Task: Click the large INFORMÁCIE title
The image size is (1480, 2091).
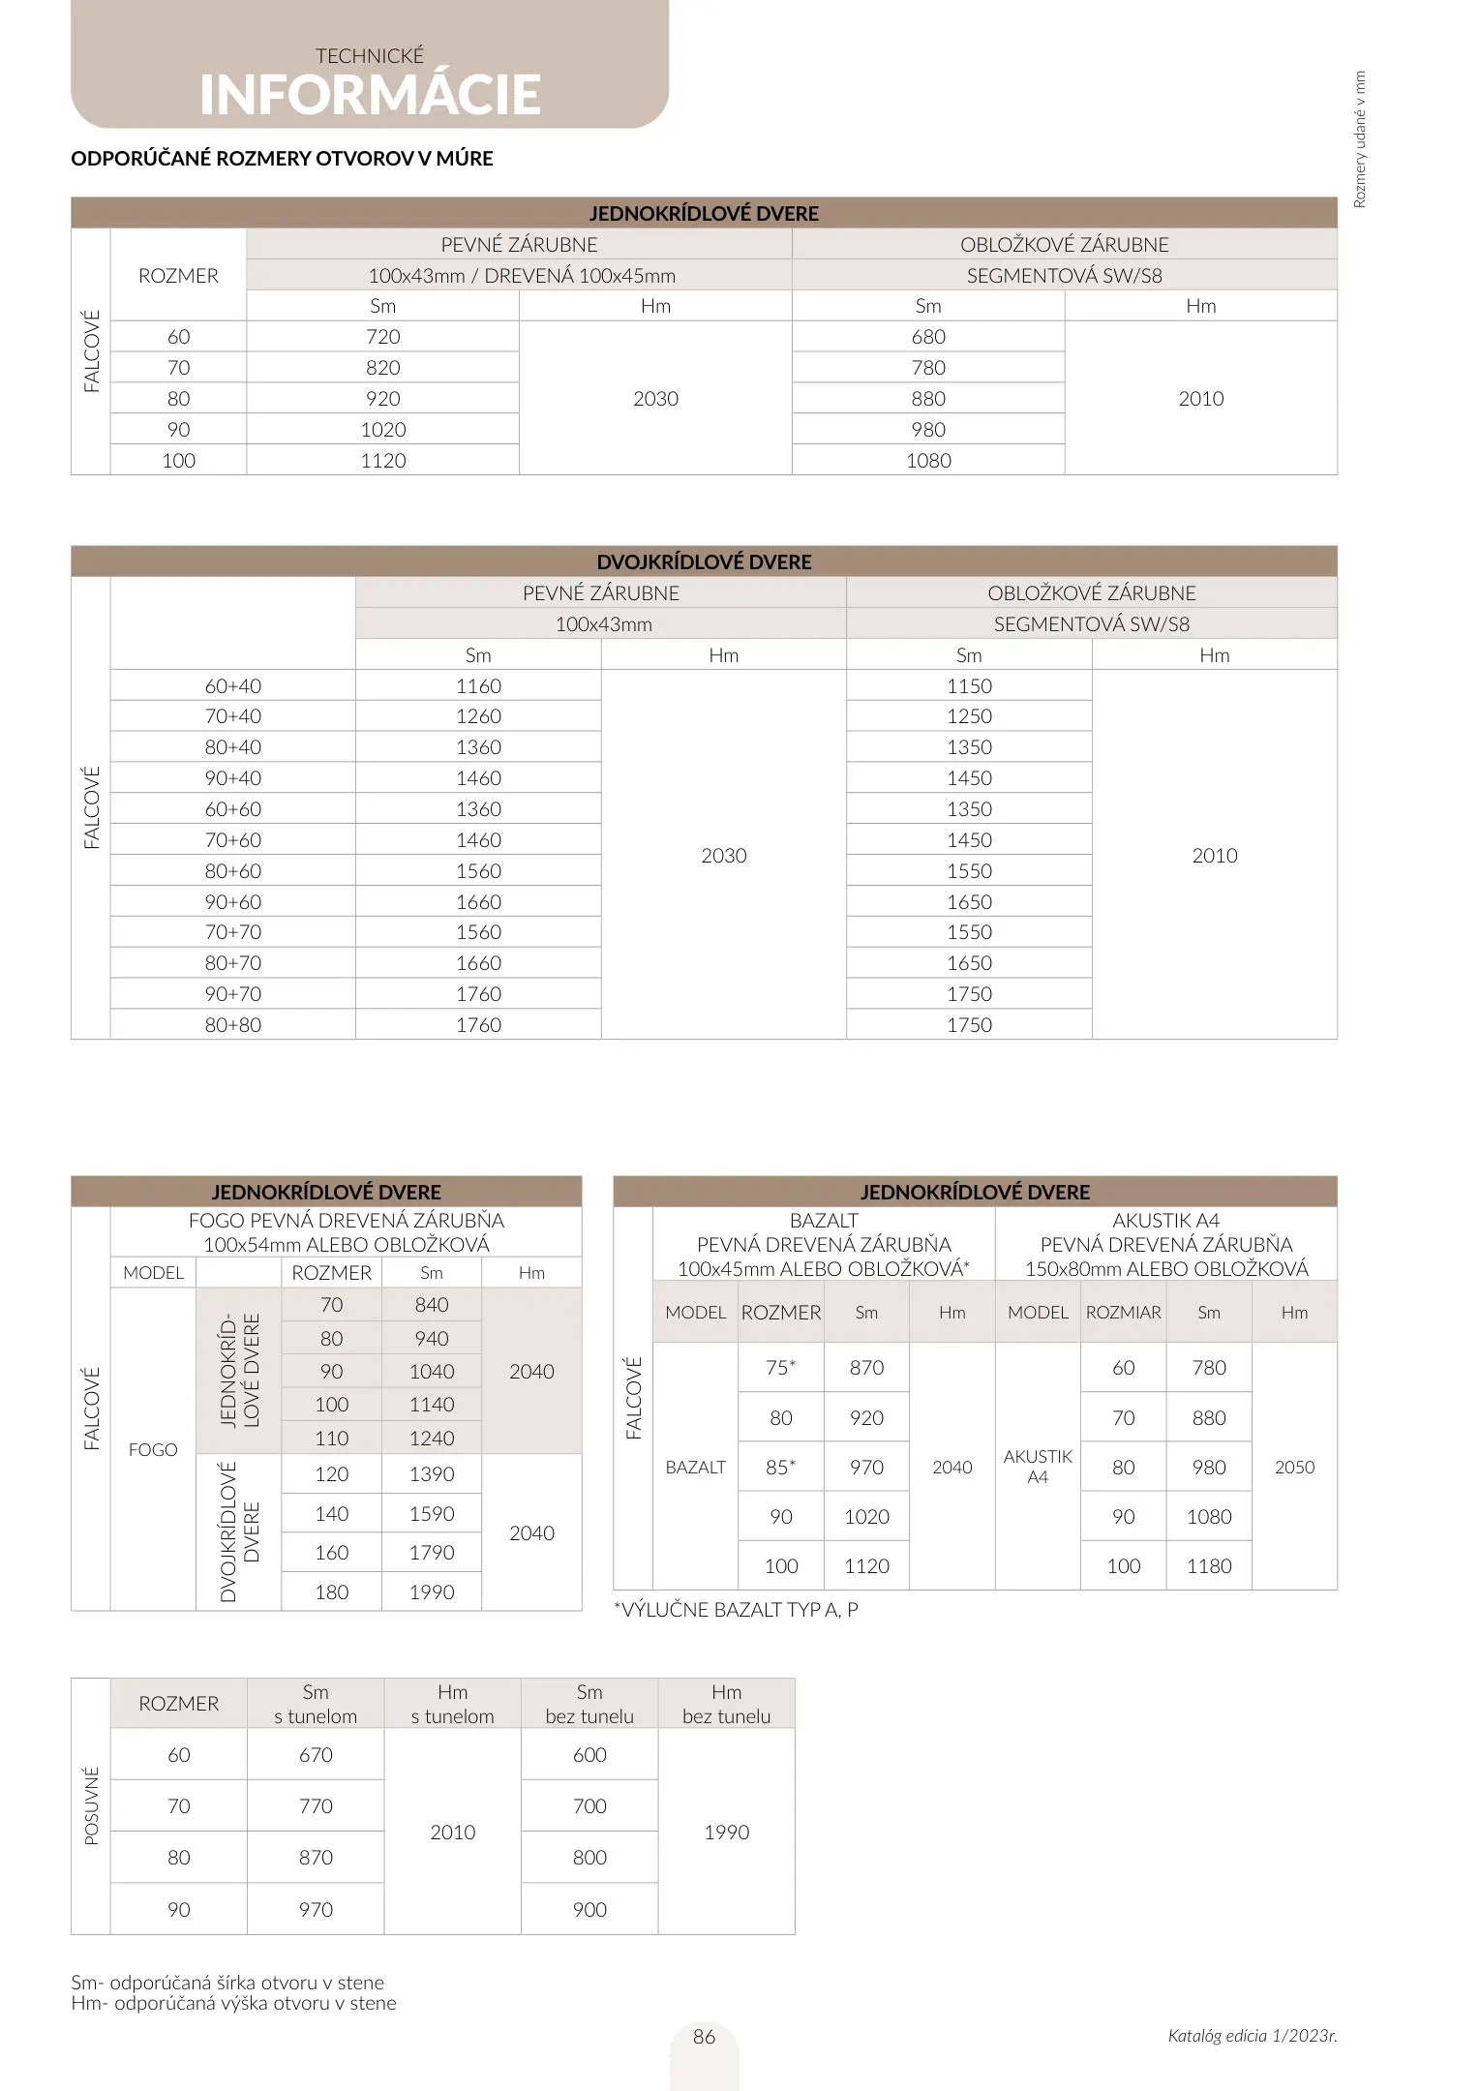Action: click(x=370, y=95)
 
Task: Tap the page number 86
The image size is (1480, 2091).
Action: click(x=704, y=2037)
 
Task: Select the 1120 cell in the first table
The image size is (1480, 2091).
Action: click(x=382, y=461)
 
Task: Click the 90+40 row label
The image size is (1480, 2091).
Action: click(x=232, y=778)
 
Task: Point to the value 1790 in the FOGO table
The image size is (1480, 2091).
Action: click(x=431, y=1553)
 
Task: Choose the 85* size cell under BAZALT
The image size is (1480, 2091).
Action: click(x=780, y=1468)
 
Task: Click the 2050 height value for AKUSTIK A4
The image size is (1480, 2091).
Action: click(x=1294, y=1468)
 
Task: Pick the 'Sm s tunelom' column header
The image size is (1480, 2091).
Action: click(x=316, y=1704)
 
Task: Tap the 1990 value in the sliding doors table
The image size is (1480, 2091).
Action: click(x=726, y=1833)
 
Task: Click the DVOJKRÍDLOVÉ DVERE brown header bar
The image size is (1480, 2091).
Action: click(x=704, y=562)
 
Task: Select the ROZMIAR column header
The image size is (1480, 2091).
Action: click(x=1123, y=1313)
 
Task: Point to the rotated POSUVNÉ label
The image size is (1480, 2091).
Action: click(x=92, y=1805)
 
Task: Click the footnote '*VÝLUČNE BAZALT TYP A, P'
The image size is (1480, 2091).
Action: click(x=736, y=1610)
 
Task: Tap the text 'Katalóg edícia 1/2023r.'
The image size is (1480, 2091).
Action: click(x=1252, y=2036)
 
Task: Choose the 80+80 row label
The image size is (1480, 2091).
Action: click(x=232, y=1025)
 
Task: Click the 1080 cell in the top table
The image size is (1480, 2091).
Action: click(x=928, y=461)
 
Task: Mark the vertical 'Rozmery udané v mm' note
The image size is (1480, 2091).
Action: click(x=1360, y=139)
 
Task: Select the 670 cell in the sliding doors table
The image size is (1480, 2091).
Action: click(x=316, y=1755)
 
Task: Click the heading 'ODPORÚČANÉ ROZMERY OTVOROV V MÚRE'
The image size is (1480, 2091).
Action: click(x=282, y=159)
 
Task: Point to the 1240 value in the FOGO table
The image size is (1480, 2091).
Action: click(x=431, y=1439)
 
